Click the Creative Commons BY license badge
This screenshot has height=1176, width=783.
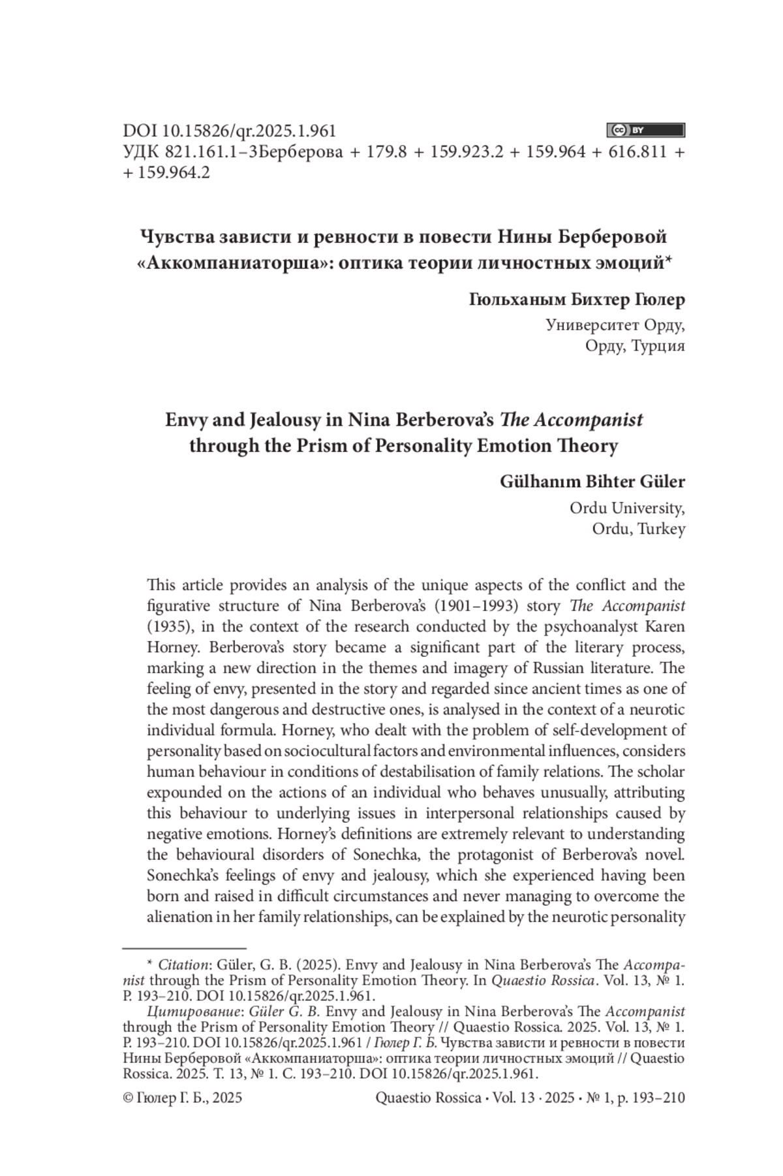tap(645, 130)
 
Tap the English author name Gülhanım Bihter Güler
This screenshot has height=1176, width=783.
tap(592, 482)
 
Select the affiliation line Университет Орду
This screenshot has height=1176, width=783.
tap(615, 325)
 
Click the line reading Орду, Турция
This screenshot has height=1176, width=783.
tap(635, 345)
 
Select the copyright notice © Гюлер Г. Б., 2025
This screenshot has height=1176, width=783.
tap(182, 1098)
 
